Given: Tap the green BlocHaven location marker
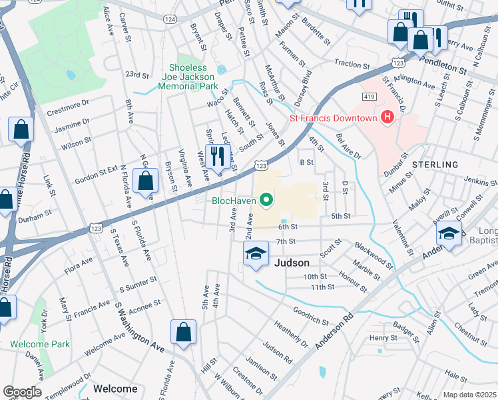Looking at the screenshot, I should [267, 199].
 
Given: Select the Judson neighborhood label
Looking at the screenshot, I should [291, 263].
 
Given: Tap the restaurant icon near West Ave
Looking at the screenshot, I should [216, 158].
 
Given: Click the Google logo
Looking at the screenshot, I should [22, 391].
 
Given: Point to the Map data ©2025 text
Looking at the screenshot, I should [469, 395].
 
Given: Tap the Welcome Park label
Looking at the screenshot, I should [39, 345].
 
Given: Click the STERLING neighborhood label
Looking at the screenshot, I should [435, 164].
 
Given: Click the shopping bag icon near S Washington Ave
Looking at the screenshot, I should [183, 333].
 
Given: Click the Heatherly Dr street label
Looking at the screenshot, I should [290, 333].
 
